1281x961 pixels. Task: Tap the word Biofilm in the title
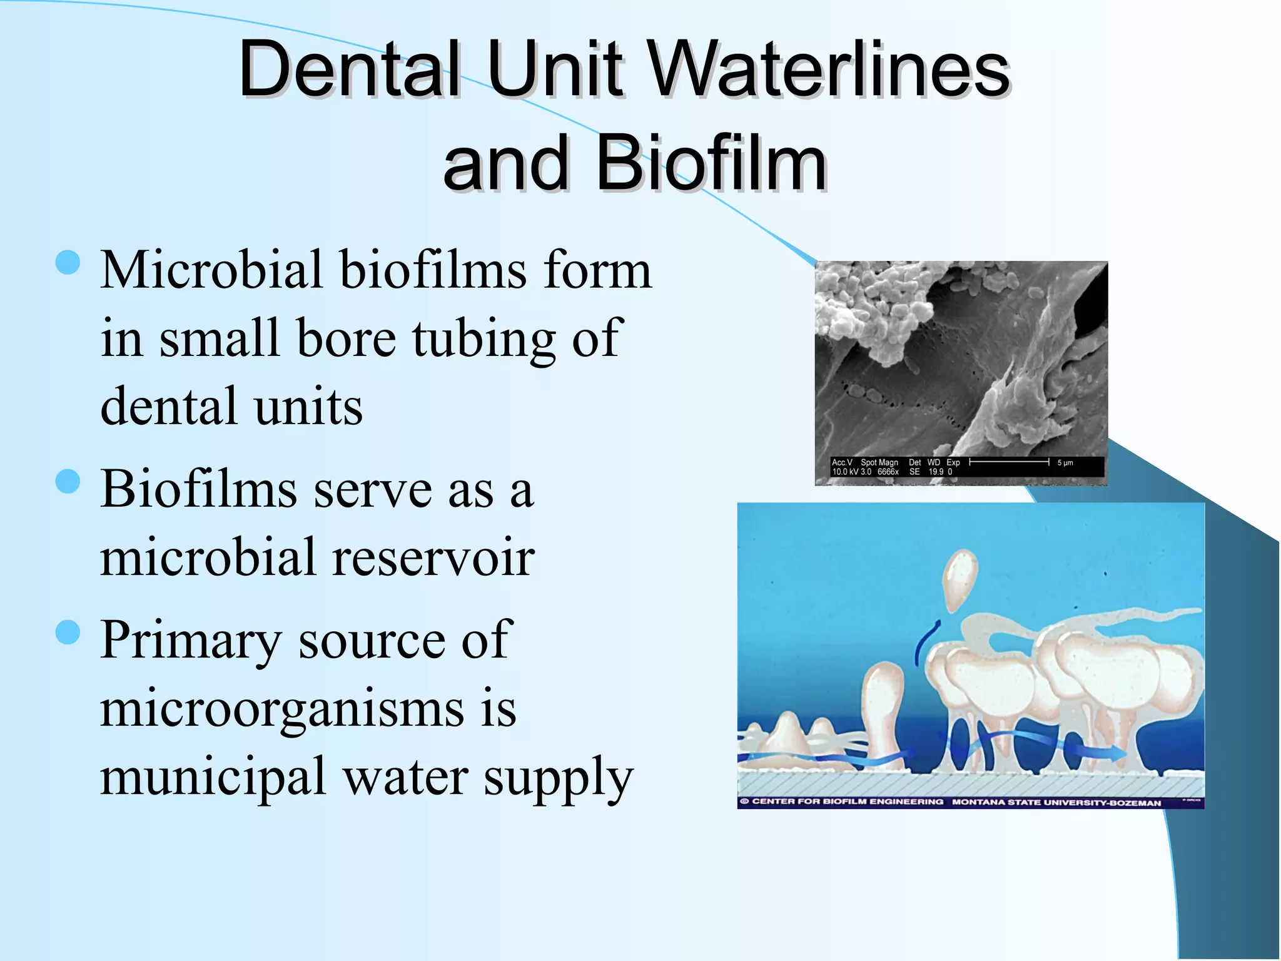click(711, 164)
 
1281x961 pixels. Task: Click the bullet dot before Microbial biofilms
click(68, 263)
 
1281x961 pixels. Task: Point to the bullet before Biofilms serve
click(68, 482)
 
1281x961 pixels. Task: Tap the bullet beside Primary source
click(68, 633)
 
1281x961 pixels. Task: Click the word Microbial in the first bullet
click(211, 270)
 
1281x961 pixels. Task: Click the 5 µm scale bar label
click(1065, 463)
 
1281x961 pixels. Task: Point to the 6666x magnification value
click(888, 472)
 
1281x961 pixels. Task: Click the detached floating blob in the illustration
click(959, 579)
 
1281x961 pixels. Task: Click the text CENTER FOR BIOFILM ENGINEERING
click(847, 801)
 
